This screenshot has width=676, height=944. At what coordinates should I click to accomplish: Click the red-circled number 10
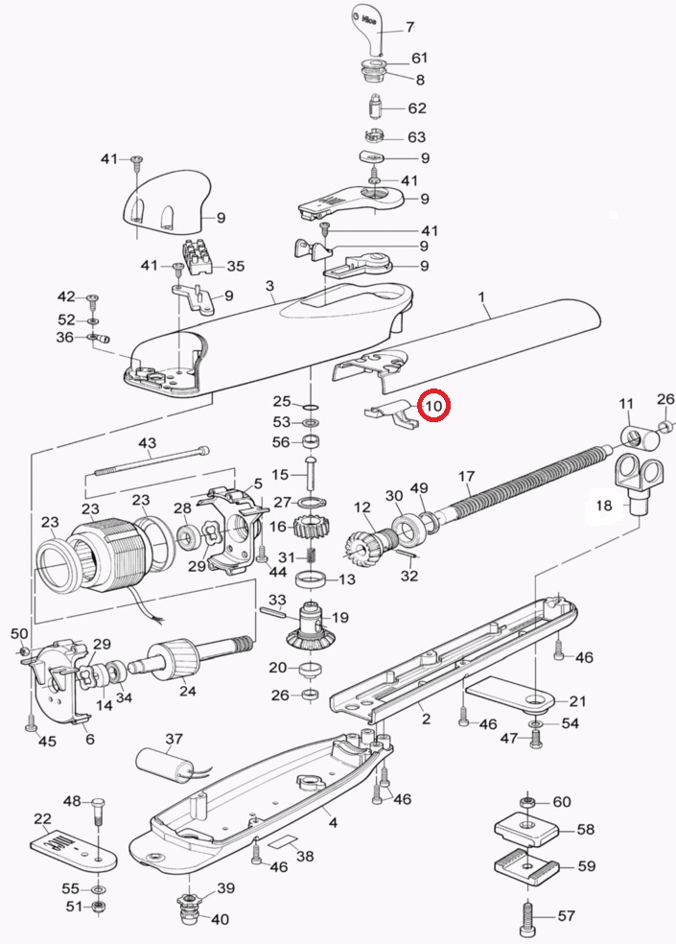434,406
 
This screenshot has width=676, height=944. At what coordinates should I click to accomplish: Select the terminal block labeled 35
202,257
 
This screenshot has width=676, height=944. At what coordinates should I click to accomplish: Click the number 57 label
566,916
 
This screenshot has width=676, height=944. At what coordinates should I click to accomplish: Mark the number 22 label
42,818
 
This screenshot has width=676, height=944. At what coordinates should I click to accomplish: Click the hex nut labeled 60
526,801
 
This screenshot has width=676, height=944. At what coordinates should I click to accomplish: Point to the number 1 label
486,313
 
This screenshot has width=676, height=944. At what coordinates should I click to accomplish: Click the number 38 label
304,857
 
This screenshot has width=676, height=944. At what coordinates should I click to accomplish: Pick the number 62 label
417,108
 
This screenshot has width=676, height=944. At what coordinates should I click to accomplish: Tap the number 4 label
333,822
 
